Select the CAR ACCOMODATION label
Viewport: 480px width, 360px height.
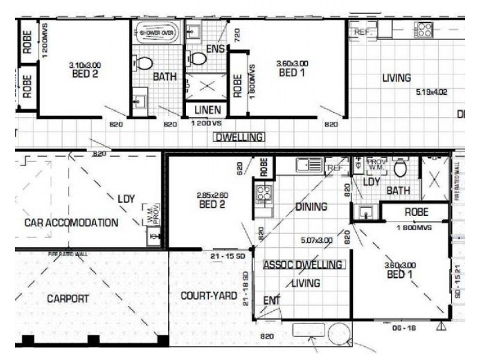point(71,223)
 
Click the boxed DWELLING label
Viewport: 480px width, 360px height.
point(238,137)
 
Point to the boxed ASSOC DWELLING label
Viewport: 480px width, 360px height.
point(303,265)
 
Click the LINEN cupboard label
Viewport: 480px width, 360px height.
point(206,110)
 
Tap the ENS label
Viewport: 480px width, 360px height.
point(214,49)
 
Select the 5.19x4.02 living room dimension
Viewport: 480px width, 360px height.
point(431,92)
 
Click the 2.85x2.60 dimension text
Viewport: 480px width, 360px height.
point(212,195)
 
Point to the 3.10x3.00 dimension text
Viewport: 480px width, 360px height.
point(84,65)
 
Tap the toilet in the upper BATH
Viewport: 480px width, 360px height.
point(145,63)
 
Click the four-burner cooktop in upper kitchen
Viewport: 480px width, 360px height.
point(424,29)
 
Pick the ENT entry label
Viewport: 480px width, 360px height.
point(272,300)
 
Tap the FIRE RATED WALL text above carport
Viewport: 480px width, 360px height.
point(67,254)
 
